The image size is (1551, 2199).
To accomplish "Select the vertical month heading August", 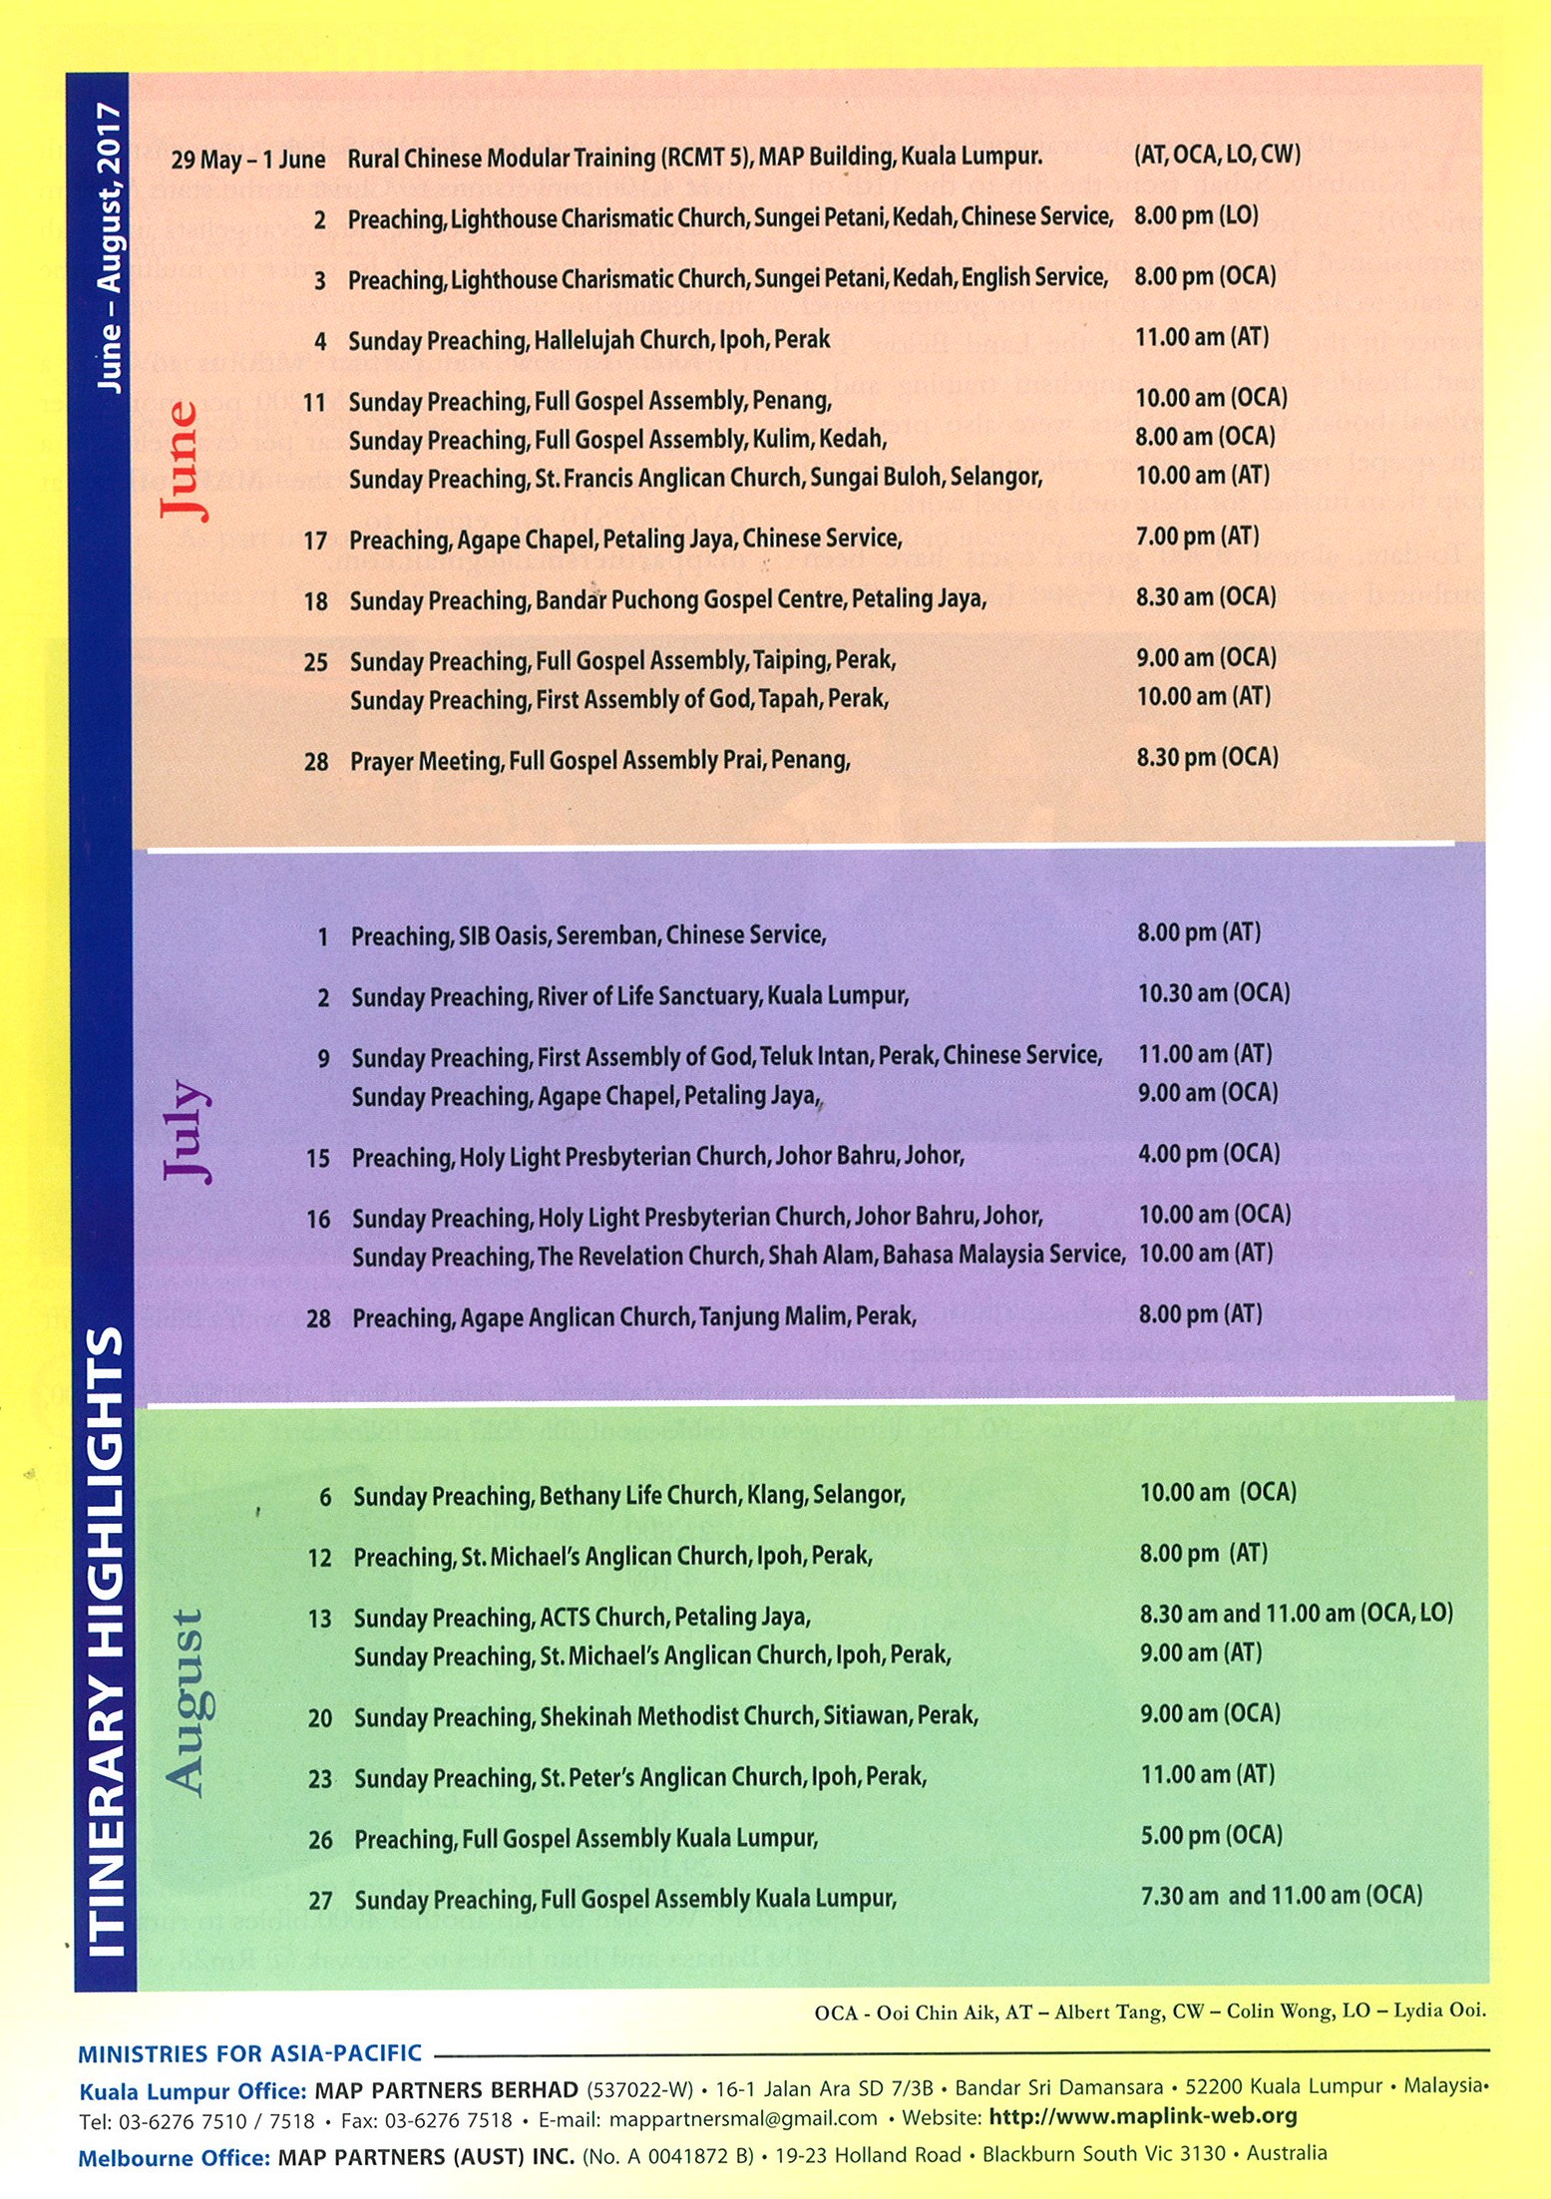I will pos(187,1702).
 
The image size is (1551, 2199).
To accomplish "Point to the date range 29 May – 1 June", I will pos(247,160).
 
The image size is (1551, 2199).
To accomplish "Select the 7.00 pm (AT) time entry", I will pos(1197,537).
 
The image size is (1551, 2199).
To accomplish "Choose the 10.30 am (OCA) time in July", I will pos(1214,993).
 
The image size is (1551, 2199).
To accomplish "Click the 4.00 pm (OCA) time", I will pos(1208,1154).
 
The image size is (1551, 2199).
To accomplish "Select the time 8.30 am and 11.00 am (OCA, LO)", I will pos(1296,1614).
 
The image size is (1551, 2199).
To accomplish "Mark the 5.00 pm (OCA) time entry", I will pos(1211,1835).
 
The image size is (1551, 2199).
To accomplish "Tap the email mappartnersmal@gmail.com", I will pos(743,2118).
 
